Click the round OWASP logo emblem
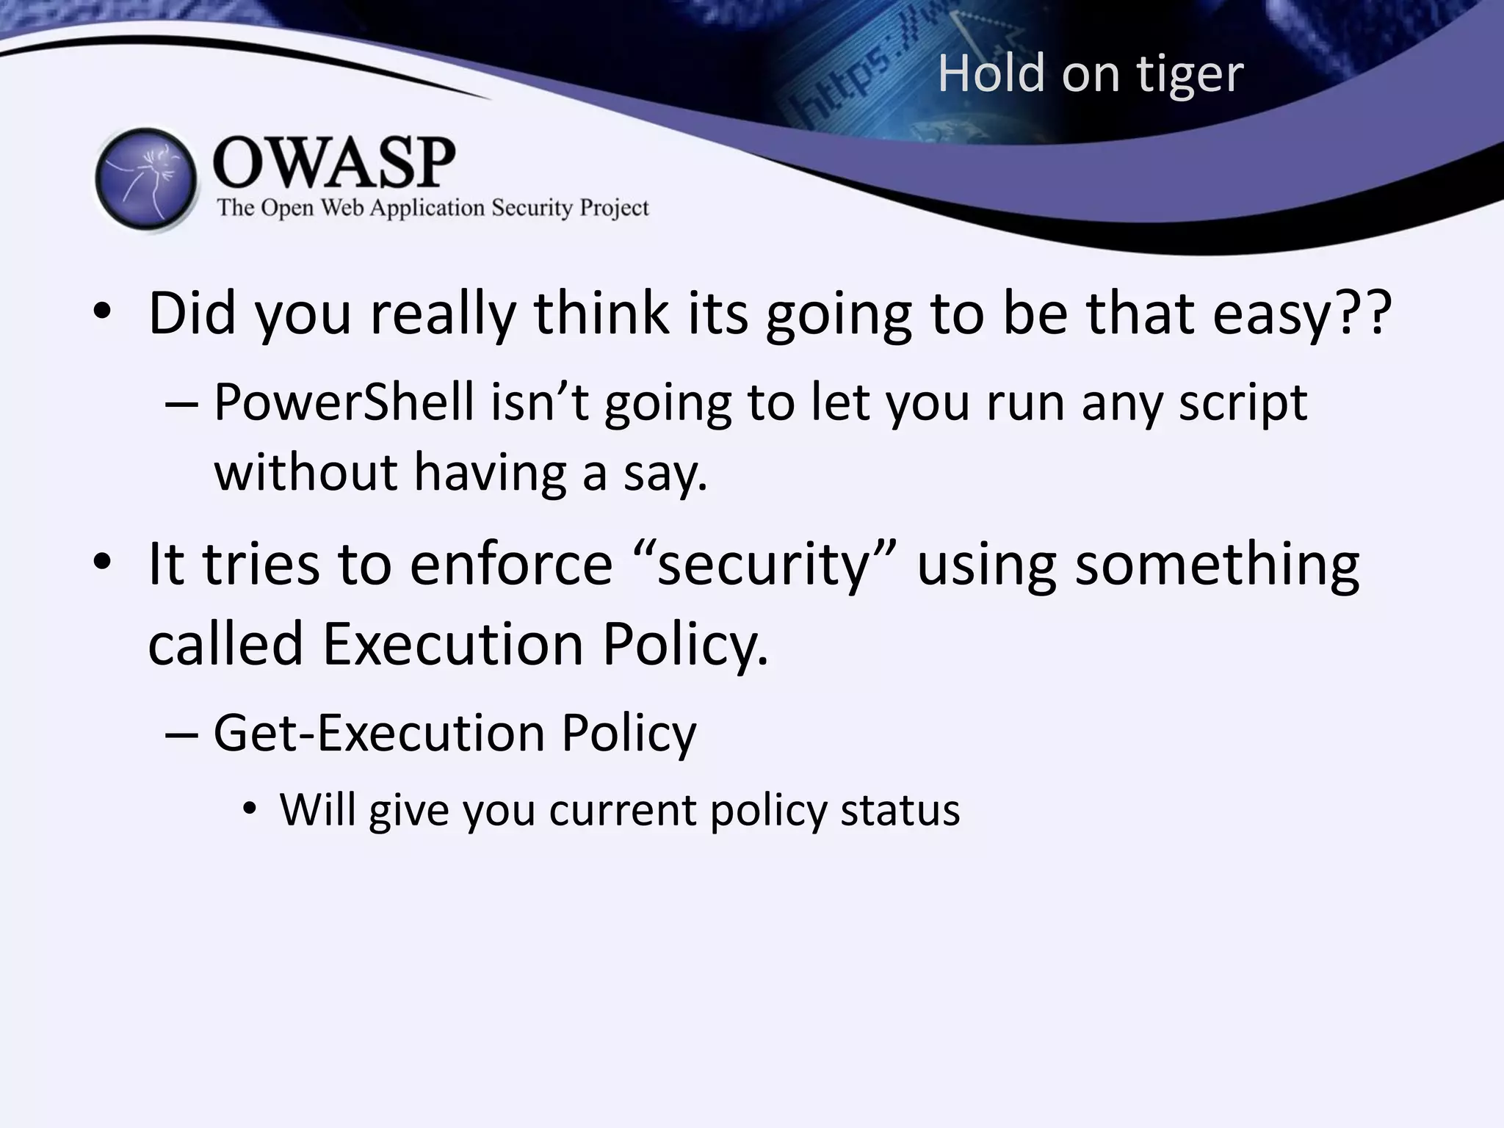(x=147, y=179)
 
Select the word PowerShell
(x=344, y=402)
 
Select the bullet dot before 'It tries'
(x=102, y=563)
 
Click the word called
(x=225, y=644)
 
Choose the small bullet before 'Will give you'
(x=250, y=809)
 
